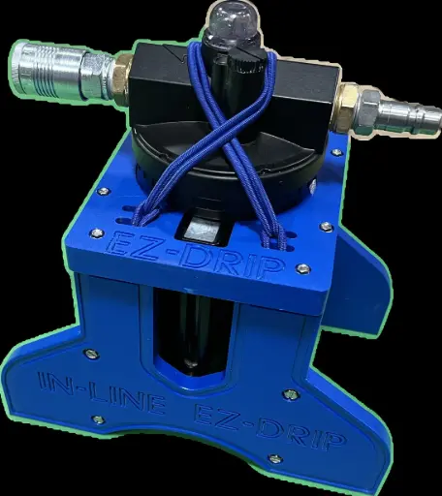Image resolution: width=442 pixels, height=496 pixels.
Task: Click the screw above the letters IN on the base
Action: tap(90, 354)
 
